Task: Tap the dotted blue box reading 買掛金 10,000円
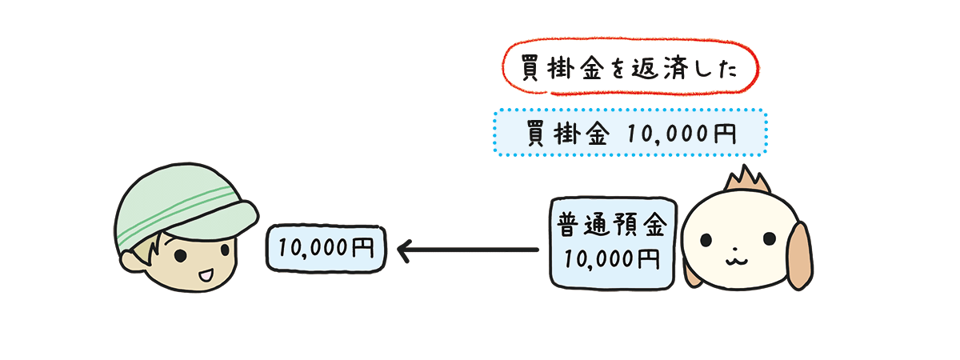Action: (630, 133)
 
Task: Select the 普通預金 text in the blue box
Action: (611, 225)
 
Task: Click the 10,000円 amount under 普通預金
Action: (611, 259)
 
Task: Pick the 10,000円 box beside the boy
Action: (326, 249)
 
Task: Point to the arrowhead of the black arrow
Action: (405, 250)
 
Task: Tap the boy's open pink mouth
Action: (206, 275)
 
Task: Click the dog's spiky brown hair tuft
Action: (746, 180)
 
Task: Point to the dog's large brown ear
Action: (800, 256)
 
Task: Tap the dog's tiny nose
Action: (735, 249)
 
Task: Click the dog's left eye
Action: (706, 239)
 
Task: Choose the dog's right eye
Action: (770, 238)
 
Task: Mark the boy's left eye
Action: (181, 256)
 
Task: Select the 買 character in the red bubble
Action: (530, 68)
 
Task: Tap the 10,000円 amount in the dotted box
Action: (682, 134)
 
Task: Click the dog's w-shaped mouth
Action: (736, 261)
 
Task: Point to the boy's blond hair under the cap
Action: (150, 248)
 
